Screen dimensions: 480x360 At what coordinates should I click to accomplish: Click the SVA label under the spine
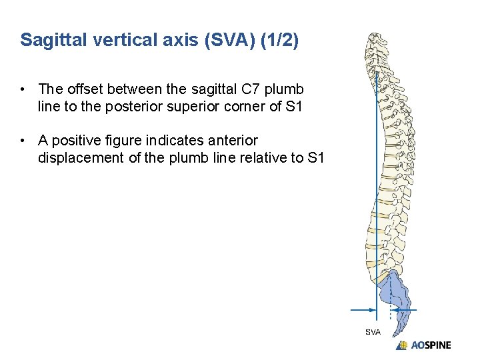point(373,332)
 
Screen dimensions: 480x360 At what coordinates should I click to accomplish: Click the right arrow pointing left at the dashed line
point(407,309)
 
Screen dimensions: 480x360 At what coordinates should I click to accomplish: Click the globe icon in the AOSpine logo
point(402,345)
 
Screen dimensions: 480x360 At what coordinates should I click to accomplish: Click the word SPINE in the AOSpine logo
point(437,345)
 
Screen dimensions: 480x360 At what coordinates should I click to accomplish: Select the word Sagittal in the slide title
point(47,40)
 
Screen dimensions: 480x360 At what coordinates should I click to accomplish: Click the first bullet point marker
point(23,89)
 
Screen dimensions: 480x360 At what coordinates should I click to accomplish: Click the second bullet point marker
point(23,141)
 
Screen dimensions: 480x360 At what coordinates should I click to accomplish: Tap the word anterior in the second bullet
point(231,141)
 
